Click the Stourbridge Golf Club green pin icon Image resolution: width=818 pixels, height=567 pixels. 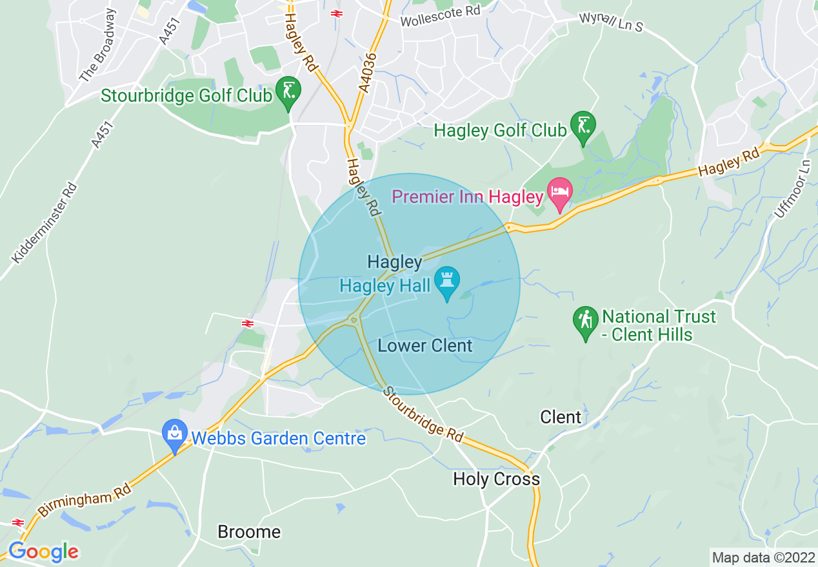tap(288, 91)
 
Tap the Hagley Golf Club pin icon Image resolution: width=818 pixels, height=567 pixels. tap(583, 126)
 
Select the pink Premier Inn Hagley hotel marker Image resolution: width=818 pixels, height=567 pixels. tap(559, 193)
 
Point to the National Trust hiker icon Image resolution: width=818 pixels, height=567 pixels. tap(585, 320)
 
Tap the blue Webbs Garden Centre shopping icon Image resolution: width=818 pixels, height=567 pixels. tap(174, 434)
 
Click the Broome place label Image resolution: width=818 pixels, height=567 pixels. tap(249, 532)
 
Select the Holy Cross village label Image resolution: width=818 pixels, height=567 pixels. tap(496, 479)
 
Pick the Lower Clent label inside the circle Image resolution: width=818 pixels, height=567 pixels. tap(425, 346)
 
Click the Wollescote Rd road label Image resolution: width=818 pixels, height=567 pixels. tap(441, 17)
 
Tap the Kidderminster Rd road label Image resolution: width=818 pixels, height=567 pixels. tap(45, 223)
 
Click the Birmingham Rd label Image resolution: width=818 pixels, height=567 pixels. tap(85, 501)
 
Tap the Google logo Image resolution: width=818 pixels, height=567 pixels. tap(43, 552)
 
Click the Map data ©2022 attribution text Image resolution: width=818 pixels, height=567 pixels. tap(763, 557)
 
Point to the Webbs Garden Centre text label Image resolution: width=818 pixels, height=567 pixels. tap(279, 439)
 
